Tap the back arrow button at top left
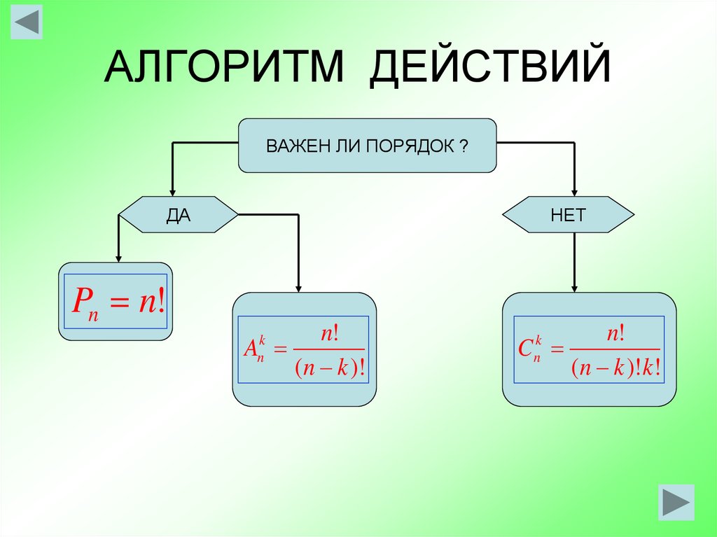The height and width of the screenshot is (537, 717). point(27,22)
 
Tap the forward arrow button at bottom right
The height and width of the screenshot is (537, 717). point(676,502)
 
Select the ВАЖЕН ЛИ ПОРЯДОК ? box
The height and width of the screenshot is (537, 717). point(368,146)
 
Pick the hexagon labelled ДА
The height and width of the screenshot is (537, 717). point(179,215)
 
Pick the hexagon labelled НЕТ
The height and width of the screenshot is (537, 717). point(569,215)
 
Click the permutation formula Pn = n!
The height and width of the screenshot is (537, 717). point(116,302)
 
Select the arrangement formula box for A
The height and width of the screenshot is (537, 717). point(304,349)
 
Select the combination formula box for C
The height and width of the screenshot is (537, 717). point(589,349)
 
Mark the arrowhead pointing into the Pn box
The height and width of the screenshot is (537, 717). point(118,258)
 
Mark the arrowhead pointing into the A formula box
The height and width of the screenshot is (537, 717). point(299,286)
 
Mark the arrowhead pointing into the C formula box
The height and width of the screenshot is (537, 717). point(574,286)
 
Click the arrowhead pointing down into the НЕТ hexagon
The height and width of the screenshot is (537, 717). point(574,191)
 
